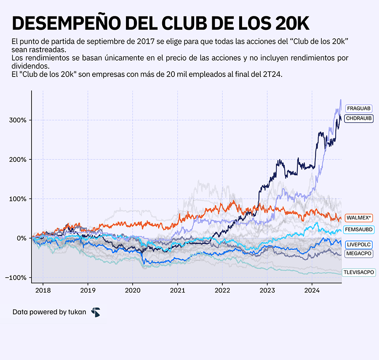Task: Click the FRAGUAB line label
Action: pyautogui.click(x=358, y=109)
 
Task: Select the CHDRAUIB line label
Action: pyautogui.click(x=358, y=119)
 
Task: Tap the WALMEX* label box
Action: pyautogui.click(x=358, y=218)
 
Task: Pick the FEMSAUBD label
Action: pyautogui.click(x=358, y=230)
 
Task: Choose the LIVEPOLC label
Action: pyautogui.click(x=358, y=245)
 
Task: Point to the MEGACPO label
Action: pyautogui.click(x=358, y=253)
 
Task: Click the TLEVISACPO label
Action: pyautogui.click(x=358, y=273)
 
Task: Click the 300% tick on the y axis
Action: pyautogui.click(x=17, y=120)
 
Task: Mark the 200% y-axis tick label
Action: pyautogui.click(x=17, y=160)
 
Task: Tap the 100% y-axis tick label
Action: pyautogui.click(x=17, y=199)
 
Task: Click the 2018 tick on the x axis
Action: pyautogui.click(x=43, y=290)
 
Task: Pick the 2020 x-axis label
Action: pyautogui.click(x=133, y=290)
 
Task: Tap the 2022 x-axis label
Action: pyautogui.click(x=222, y=290)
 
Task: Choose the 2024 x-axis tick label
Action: pyautogui.click(x=312, y=290)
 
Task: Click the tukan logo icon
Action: pyautogui.click(x=96, y=312)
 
